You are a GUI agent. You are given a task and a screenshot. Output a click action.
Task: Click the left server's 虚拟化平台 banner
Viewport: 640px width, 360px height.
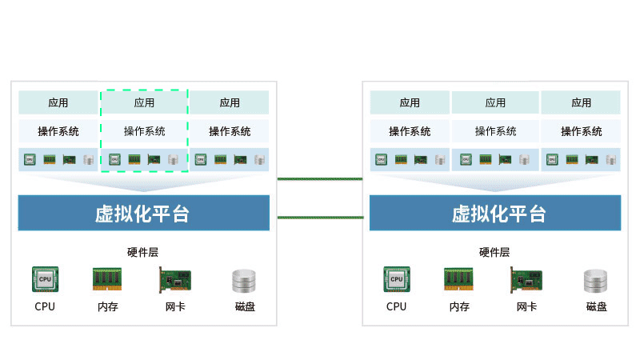click(x=144, y=213)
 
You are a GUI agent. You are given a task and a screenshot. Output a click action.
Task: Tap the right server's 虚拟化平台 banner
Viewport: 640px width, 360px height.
click(x=495, y=213)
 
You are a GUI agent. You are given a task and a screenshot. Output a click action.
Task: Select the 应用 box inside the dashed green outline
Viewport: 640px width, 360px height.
click(x=144, y=102)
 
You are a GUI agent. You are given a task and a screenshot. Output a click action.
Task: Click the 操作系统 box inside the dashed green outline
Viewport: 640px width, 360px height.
click(x=144, y=131)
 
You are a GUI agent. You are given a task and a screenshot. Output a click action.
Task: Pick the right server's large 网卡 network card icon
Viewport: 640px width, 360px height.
click(x=526, y=281)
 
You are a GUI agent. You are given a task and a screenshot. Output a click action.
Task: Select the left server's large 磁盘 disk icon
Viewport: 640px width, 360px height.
click(x=245, y=281)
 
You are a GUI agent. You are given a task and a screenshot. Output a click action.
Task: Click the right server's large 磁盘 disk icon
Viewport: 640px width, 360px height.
click(x=597, y=281)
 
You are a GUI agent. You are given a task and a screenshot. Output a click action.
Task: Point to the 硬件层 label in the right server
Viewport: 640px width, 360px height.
click(x=494, y=252)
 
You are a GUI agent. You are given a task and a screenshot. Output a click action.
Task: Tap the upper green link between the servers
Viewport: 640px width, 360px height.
click(x=319, y=178)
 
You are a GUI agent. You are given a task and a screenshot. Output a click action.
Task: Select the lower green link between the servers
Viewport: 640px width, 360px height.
click(x=319, y=217)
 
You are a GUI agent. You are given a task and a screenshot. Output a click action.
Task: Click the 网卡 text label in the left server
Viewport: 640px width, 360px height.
click(x=175, y=306)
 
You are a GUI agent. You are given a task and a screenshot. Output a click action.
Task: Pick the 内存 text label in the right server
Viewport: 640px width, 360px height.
click(x=459, y=306)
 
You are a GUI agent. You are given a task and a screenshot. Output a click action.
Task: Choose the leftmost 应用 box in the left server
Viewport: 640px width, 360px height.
click(x=58, y=102)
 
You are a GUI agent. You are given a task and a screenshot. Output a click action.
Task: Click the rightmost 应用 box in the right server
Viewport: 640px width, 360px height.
click(x=581, y=102)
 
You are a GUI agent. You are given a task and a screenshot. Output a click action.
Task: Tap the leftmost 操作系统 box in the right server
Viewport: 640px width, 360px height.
click(x=410, y=131)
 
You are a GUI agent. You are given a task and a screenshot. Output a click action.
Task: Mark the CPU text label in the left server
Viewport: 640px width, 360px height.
click(x=45, y=306)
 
